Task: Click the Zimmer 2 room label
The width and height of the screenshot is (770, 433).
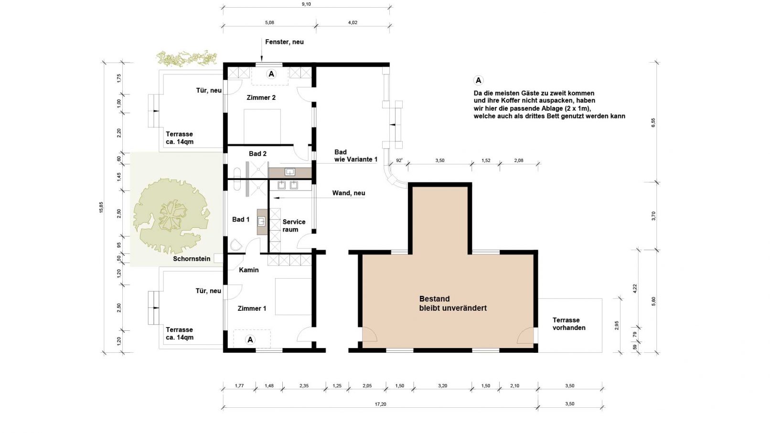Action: (261, 97)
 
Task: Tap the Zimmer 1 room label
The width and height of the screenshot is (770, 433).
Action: (252, 308)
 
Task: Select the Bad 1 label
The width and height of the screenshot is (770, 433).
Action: (241, 219)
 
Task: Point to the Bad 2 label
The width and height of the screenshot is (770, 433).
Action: (257, 154)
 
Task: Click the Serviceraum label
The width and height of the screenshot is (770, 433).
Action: (294, 226)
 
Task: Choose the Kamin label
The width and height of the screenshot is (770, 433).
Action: (248, 270)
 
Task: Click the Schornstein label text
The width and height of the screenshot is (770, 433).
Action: (192, 259)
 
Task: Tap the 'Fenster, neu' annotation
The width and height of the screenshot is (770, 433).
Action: (284, 42)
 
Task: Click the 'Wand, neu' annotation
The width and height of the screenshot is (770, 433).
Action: (349, 193)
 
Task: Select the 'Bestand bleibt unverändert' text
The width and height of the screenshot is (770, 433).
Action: (453, 304)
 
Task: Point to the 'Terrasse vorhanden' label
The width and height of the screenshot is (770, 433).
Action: (569, 324)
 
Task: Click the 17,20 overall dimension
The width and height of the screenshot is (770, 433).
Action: (380, 404)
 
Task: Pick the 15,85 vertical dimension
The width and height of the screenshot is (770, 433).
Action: (101, 207)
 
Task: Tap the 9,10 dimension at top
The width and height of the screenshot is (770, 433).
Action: (306, 4)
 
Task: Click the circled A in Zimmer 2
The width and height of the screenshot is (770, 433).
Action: (271, 74)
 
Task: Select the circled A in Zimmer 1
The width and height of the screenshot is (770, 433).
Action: (250, 340)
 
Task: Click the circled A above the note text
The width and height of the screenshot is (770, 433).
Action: (478, 80)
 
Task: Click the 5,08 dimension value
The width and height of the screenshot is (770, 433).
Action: (269, 23)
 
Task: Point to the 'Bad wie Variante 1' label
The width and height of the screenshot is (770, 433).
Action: (356, 156)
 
